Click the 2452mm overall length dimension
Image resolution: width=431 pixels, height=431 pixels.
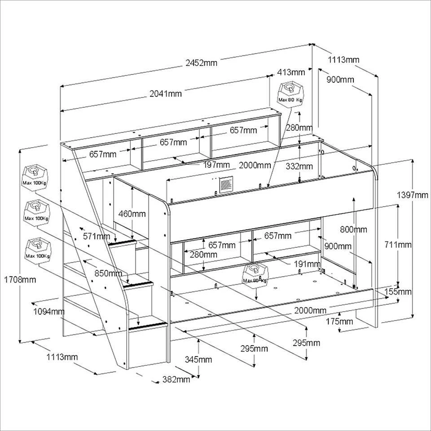(x=202, y=63)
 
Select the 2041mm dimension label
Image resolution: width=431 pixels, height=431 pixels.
(x=166, y=94)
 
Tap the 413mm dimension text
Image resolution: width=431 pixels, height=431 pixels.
(x=291, y=72)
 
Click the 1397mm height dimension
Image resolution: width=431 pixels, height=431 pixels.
(x=413, y=195)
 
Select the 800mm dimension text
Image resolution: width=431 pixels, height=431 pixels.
(x=353, y=230)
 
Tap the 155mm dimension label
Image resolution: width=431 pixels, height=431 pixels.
(x=398, y=292)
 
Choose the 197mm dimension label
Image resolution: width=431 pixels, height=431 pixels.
(x=216, y=165)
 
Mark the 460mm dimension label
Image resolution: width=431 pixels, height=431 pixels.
(x=132, y=214)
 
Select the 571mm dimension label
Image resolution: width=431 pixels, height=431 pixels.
(x=96, y=236)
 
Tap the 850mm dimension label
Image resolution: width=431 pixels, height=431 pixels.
(x=108, y=273)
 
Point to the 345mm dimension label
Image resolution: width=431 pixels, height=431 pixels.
(x=198, y=359)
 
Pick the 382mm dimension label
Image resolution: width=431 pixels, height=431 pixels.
(x=176, y=379)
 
